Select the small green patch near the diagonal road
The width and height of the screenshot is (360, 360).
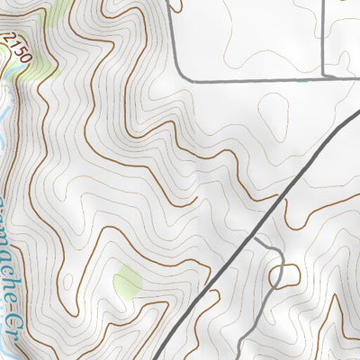coord(127,284)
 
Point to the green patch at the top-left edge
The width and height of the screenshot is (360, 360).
coord(59,11)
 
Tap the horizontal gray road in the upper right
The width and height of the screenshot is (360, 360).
coord(261,79)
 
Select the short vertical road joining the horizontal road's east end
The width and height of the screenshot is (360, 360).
coord(323,40)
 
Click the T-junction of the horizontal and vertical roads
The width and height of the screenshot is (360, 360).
coord(323,78)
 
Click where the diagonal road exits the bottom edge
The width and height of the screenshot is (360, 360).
coord(162,357)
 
